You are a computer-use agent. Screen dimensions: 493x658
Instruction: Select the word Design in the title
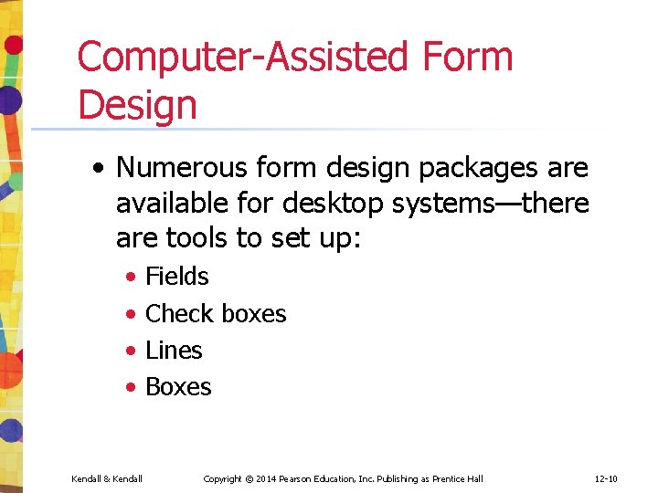pyautogui.click(x=137, y=105)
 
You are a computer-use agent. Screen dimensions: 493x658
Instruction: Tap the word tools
pyautogui.click(x=196, y=237)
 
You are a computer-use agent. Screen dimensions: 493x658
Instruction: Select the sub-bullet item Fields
pyautogui.click(x=177, y=276)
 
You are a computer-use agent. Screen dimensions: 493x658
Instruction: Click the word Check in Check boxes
pyautogui.click(x=178, y=313)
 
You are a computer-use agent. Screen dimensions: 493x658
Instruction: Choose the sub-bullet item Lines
pyautogui.click(x=174, y=350)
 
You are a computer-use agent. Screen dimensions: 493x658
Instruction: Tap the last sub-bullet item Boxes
pyautogui.click(x=178, y=386)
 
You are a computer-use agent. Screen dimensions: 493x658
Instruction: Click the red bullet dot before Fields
pyautogui.click(x=133, y=277)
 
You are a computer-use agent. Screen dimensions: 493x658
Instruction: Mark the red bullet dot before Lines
pyautogui.click(x=133, y=351)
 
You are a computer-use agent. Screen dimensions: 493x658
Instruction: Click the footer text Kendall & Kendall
pyautogui.click(x=106, y=478)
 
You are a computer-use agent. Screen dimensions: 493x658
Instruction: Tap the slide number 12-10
pyautogui.click(x=606, y=478)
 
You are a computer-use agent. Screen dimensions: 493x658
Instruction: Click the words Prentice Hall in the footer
pyautogui.click(x=457, y=478)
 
